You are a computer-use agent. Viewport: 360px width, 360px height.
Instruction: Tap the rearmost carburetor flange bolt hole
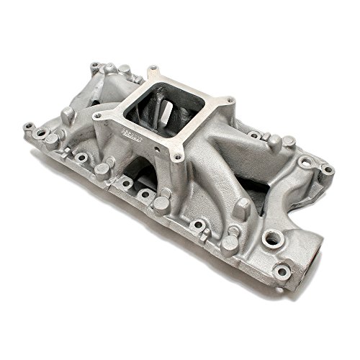point(153,72)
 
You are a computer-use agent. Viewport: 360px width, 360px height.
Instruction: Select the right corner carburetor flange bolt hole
point(229,101)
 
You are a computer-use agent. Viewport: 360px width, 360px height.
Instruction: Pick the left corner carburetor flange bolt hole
point(97,114)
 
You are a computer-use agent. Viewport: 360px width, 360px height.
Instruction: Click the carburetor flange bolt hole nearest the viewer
point(175,156)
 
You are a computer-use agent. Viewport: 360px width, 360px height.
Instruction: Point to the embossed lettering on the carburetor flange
point(131,134)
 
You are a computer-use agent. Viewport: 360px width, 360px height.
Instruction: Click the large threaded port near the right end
point(271,238)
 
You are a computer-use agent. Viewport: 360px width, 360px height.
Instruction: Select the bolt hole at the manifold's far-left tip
point(30,127)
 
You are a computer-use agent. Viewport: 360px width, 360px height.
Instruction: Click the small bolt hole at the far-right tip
point(328,170)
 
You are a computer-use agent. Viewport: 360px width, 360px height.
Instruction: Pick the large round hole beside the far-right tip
point(307,162)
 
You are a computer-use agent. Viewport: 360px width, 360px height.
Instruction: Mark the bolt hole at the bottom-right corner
point(282,272)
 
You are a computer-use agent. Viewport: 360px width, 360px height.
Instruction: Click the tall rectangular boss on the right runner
point(243,208)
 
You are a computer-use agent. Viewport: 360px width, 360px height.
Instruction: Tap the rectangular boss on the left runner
point(68,115)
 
